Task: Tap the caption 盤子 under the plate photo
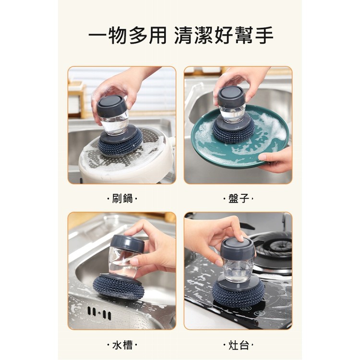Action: tap(238, 198)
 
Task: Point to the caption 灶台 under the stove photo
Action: tap(238, 345)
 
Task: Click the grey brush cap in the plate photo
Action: tap(231, 96)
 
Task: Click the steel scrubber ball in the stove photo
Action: tap(238, 294)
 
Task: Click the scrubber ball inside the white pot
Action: tap(120, 143)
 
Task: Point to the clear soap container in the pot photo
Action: tap(115, 123)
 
